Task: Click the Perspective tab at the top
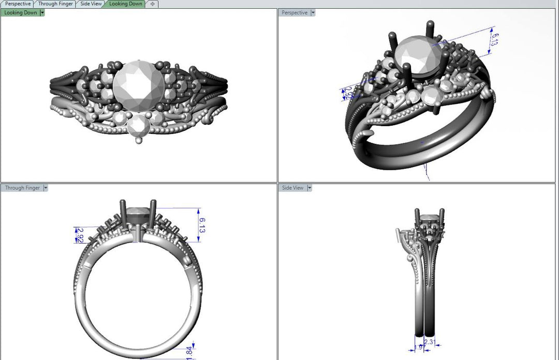tap(18, 4)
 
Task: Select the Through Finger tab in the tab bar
tap(55, 4)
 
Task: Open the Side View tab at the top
tap(91, 4)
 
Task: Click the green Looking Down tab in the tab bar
tap(125, 4)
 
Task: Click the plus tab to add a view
tap(152, 4)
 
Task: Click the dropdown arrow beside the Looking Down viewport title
tap(42, 12)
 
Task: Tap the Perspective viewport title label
tap(295, 12)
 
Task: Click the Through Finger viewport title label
tap(22, 188)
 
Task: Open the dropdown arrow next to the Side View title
tap(310, 188)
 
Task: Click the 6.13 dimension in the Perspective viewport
tap(495, 40)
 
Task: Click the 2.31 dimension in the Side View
tap(430, 342)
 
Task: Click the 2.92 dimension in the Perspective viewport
tap(349, 93)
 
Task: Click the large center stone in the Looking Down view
tap(139, 84)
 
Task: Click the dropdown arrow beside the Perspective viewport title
tap(313, 12)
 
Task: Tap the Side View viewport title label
tap(293, 188)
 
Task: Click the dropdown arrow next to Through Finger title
tap(46, 188)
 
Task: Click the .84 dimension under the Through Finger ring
tap(189, 351)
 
